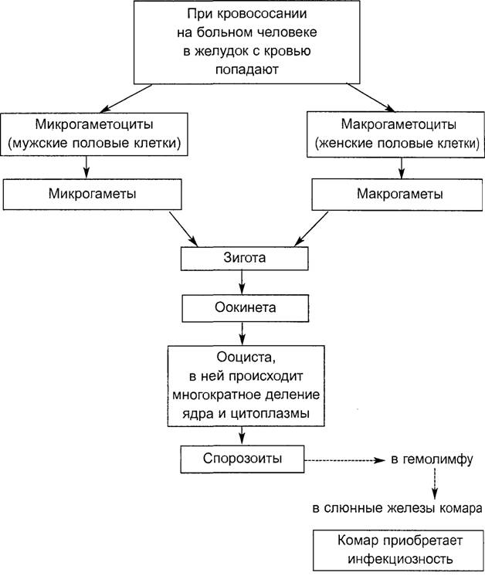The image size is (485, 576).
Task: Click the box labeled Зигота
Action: pos(244,259)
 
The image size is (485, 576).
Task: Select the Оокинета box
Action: pos(245,308)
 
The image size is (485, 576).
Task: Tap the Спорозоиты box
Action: pos(242,459)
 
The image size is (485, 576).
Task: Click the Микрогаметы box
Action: pos(92,195)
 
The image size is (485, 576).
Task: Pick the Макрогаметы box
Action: pos(397,195)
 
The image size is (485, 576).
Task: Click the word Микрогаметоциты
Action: pos(94,124)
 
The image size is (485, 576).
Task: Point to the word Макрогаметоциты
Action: pos(399,124)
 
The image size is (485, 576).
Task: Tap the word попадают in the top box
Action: pos(247,69)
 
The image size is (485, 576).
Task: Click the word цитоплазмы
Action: pos(270,414)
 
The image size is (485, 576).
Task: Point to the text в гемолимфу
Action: pos(432,459)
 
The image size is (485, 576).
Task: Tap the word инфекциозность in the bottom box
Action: pos(400,560)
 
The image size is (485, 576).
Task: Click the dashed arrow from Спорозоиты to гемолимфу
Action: pos(344,460)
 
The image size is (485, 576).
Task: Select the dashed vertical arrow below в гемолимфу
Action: pos(435,484)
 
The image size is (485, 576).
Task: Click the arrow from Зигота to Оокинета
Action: pos(242,283)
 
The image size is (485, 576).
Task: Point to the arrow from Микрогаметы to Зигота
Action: pos(183,229)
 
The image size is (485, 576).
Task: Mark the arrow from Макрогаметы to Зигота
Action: pos(311,229)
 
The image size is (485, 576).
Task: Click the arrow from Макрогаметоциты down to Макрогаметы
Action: pos(402,168)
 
